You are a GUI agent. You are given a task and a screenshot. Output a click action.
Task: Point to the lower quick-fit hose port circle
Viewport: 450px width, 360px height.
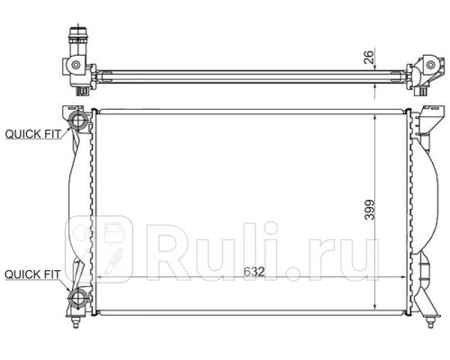click(x=78, y=299)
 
